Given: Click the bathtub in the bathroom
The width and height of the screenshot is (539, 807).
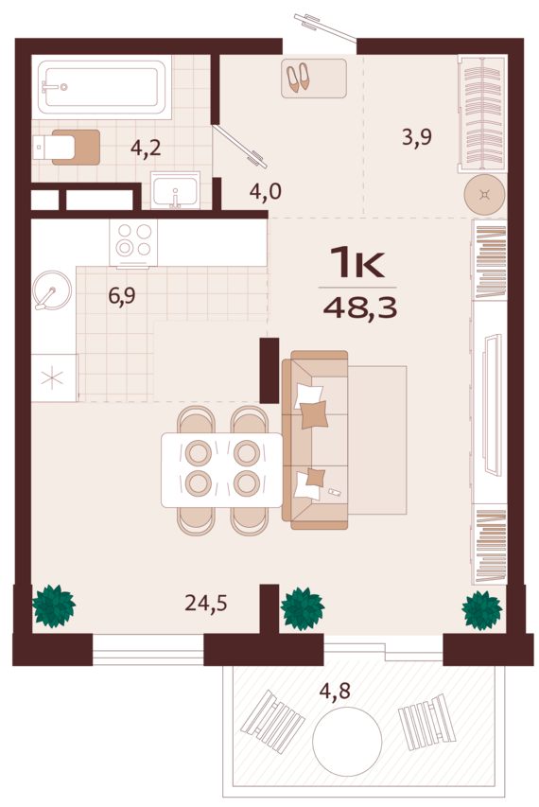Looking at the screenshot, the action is (x=101, y=87).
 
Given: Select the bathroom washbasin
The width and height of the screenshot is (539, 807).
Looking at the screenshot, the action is (x=175, y=190).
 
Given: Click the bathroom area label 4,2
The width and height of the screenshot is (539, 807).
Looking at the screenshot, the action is (x=146, y=149).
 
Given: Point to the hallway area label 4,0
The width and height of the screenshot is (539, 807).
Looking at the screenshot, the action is (x=266, y=192).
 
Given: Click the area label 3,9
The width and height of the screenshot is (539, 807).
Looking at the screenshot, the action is (x=417, y=137).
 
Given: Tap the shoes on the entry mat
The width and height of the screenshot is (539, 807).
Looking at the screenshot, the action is (x=298, y=78).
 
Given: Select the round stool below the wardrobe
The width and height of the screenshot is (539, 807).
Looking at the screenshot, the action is (x=484, y=195).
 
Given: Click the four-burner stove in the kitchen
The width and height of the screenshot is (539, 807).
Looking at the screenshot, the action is (x=133, y=242).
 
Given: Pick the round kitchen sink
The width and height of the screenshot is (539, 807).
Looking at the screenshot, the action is (x=52, y=290).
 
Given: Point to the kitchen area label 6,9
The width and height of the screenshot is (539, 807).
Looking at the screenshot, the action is (x=122, y=296).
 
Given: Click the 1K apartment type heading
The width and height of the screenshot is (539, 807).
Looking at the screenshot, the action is (x=357, y=263).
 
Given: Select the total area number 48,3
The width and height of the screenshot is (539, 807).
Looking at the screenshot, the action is (x=360, y=307).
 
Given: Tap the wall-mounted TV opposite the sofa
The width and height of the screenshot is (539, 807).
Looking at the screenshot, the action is (x=493, y=405).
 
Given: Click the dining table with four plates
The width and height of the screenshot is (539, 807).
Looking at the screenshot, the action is (x=221, y=470).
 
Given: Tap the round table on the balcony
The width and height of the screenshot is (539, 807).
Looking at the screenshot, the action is (x=347, y=741).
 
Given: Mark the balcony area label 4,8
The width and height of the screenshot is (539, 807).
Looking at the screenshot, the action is (x=335, y=691).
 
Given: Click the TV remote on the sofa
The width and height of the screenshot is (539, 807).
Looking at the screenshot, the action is (x=335, y=493).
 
